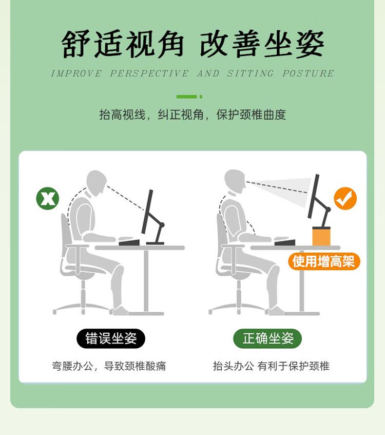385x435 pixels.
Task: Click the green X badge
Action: [x=48, y=198]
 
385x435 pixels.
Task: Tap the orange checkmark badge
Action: [x=345, y=198]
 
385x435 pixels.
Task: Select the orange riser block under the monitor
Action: [x=321, y=236]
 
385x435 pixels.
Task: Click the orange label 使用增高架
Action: [x=324, y=261]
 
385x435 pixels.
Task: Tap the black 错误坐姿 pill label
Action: [x=111, y=338]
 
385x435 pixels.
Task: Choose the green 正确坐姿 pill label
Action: [x=267, y=338]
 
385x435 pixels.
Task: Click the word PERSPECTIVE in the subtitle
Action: [x=149, y=73]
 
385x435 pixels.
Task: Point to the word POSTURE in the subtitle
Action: [x=308, y=73]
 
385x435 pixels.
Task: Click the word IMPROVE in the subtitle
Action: [x=76, y=73]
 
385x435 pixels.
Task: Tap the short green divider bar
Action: [x=189, y=97]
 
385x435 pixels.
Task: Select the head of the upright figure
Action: [x=235, y=181]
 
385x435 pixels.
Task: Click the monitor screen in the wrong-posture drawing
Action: [x=147, y=212]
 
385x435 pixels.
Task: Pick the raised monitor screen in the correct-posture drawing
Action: [x=314, y=196]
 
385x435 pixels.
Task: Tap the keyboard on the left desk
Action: [x=129, y=242]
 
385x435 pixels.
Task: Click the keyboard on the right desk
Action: [x=285, y=242]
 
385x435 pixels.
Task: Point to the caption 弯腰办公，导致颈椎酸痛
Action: [x=109, y=366]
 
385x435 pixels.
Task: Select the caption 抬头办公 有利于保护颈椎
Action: [x=271, y=366]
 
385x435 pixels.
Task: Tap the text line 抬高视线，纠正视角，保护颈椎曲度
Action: [x=192, y=115]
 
